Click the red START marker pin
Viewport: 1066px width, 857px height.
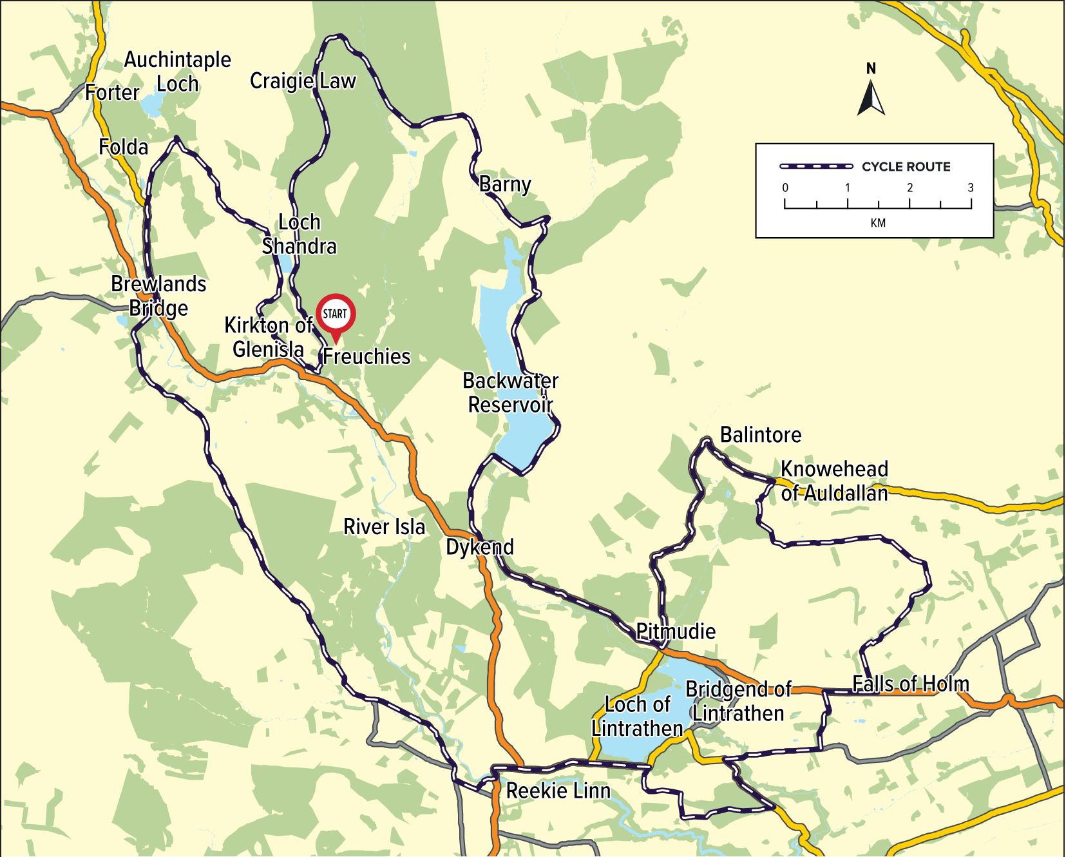coord(335,315)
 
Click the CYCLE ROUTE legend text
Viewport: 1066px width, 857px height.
coord(906,167)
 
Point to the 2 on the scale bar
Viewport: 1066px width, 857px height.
coord(909,188)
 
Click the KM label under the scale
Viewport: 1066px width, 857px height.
coord(877,223)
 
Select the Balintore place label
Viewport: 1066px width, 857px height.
coord(760,435)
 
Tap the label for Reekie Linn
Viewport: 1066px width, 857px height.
coord(558,791)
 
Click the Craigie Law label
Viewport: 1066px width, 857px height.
coord(303,81)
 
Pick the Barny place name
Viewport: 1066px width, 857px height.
coord(505,184)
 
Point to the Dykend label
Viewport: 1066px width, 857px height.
coord(480,547)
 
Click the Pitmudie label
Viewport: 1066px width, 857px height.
coord(676,631)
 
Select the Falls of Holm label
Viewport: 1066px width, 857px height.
coord(910,684)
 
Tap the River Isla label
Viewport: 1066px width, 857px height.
coord(384,526)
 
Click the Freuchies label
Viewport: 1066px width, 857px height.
coord(366,356)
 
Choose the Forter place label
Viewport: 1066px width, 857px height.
coord(112,93)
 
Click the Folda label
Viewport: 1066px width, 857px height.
coord(123,148)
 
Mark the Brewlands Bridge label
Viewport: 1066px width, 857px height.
coord(158,296)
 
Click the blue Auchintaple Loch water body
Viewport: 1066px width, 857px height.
coord(153,104)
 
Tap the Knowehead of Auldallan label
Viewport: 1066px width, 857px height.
coord(834,481)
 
